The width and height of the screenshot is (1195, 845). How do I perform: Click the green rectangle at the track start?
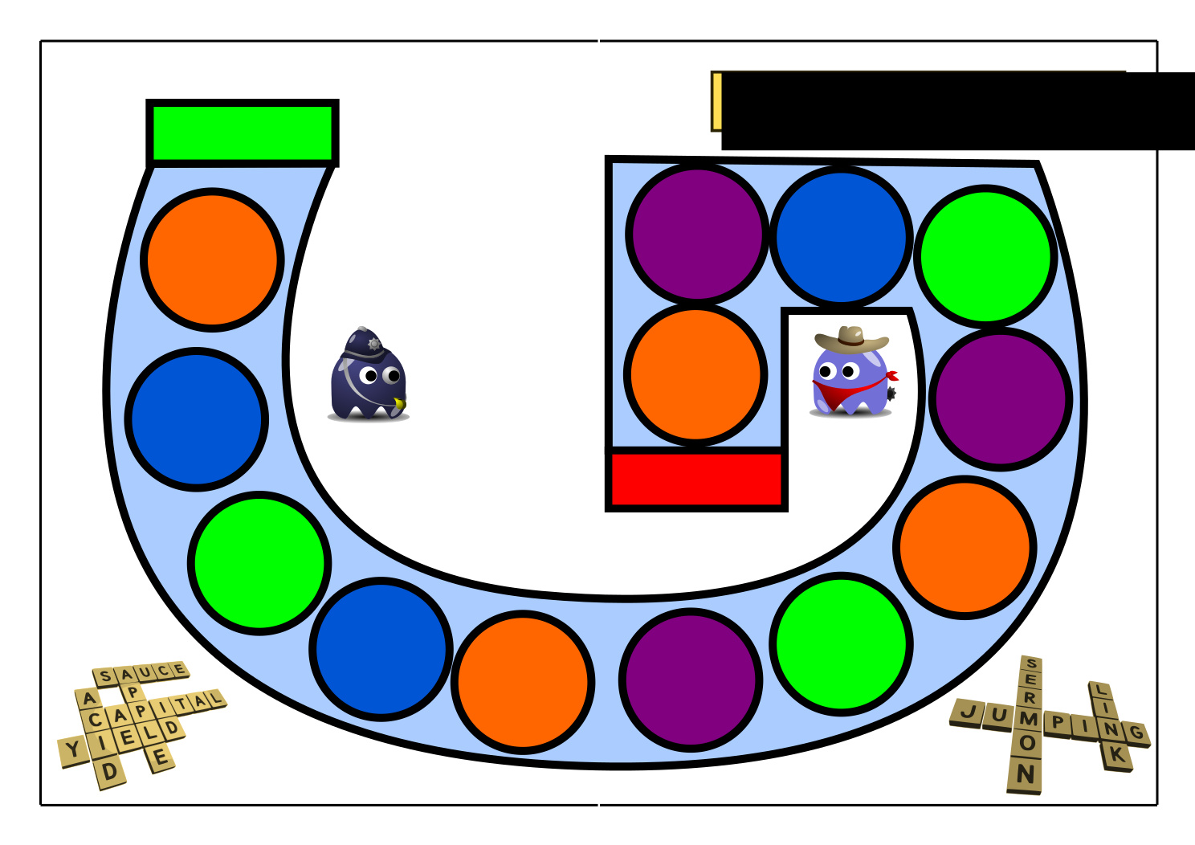243,133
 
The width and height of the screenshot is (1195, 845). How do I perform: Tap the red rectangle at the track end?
696,479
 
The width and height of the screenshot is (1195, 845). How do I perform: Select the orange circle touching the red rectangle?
695,374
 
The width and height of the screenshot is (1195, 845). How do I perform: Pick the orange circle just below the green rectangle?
212,259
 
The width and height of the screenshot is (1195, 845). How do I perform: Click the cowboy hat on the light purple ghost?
851,339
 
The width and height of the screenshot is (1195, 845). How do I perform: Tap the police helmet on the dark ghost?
365,345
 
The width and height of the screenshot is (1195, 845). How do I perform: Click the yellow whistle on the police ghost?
400,403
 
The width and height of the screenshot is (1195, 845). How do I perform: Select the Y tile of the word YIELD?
73,751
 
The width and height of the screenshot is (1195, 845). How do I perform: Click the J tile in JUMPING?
968,712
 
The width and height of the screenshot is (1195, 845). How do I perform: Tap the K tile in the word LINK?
1117,755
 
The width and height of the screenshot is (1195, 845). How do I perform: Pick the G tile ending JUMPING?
1136,734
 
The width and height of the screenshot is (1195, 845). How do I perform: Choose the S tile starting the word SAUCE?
104,677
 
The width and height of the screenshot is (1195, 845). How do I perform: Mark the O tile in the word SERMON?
1027,743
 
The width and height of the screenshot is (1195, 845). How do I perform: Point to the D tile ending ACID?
109,771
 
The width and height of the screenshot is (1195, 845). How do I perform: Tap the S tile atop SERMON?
1031,664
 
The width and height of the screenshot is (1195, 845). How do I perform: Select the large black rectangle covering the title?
958,111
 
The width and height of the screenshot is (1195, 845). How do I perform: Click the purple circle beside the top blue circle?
697,235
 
